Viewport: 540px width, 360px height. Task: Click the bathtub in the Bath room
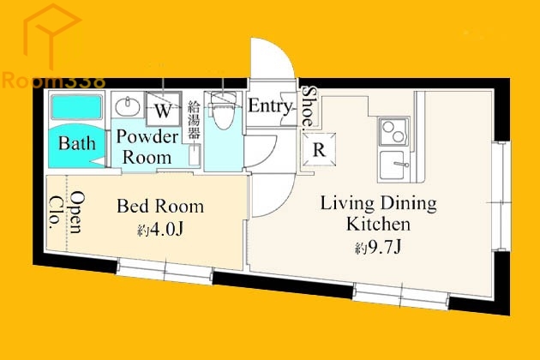click(76, 106)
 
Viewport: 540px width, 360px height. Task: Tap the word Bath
click(77, 143)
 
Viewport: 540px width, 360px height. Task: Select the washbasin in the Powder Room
click(128, 106)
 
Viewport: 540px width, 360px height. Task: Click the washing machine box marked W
click(163, 109)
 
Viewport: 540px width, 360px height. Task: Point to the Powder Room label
click(147, 147)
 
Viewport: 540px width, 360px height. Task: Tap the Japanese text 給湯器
click(194, 120)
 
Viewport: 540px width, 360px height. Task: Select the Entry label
click(270, 105)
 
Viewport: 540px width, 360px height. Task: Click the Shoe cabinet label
click(309, 107)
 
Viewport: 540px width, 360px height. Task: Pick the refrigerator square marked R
click(319, 149)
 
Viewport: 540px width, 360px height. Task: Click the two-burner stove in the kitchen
click(393, 131)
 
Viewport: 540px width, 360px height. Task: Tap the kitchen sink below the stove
click(393, 165)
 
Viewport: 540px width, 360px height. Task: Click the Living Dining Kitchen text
click(378, 213)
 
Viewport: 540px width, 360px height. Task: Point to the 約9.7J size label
click(378, 247)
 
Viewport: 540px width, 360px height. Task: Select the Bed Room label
click(160, 206)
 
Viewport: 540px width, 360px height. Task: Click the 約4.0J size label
click(160, 230)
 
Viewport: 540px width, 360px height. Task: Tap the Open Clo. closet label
click(68, 212)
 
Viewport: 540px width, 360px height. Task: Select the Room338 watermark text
click(53, 81)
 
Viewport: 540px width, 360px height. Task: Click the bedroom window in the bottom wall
click(165, 272)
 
